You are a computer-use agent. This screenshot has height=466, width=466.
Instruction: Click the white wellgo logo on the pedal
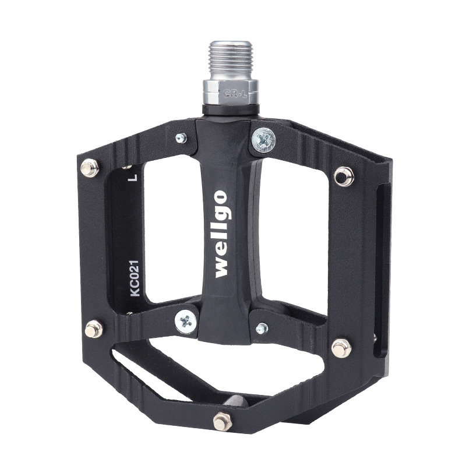pyautogui.click(x=221, y=234)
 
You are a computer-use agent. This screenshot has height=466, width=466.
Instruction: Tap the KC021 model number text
pyautogui.click(x=135, y=278)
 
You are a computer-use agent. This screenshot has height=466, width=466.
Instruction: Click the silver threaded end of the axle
pyautogui.click(x=231, y=61)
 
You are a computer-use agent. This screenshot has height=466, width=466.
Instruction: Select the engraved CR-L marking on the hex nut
pyautogui.click(x=235, y=94)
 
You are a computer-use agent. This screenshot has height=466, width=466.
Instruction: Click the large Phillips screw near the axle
pyautogui.click(x=263, y=140)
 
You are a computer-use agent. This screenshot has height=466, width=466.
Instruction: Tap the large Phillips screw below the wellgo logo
pyautogui.click(x=186, y=322)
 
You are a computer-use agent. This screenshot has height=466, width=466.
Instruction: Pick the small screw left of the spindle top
pyautogui.click(x=181, y=138)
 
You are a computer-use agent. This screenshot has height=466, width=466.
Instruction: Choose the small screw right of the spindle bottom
pyautogui.click(x=262, y=328)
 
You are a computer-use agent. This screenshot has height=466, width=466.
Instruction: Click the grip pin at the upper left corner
pyautogui.click(x=90, y=168)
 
